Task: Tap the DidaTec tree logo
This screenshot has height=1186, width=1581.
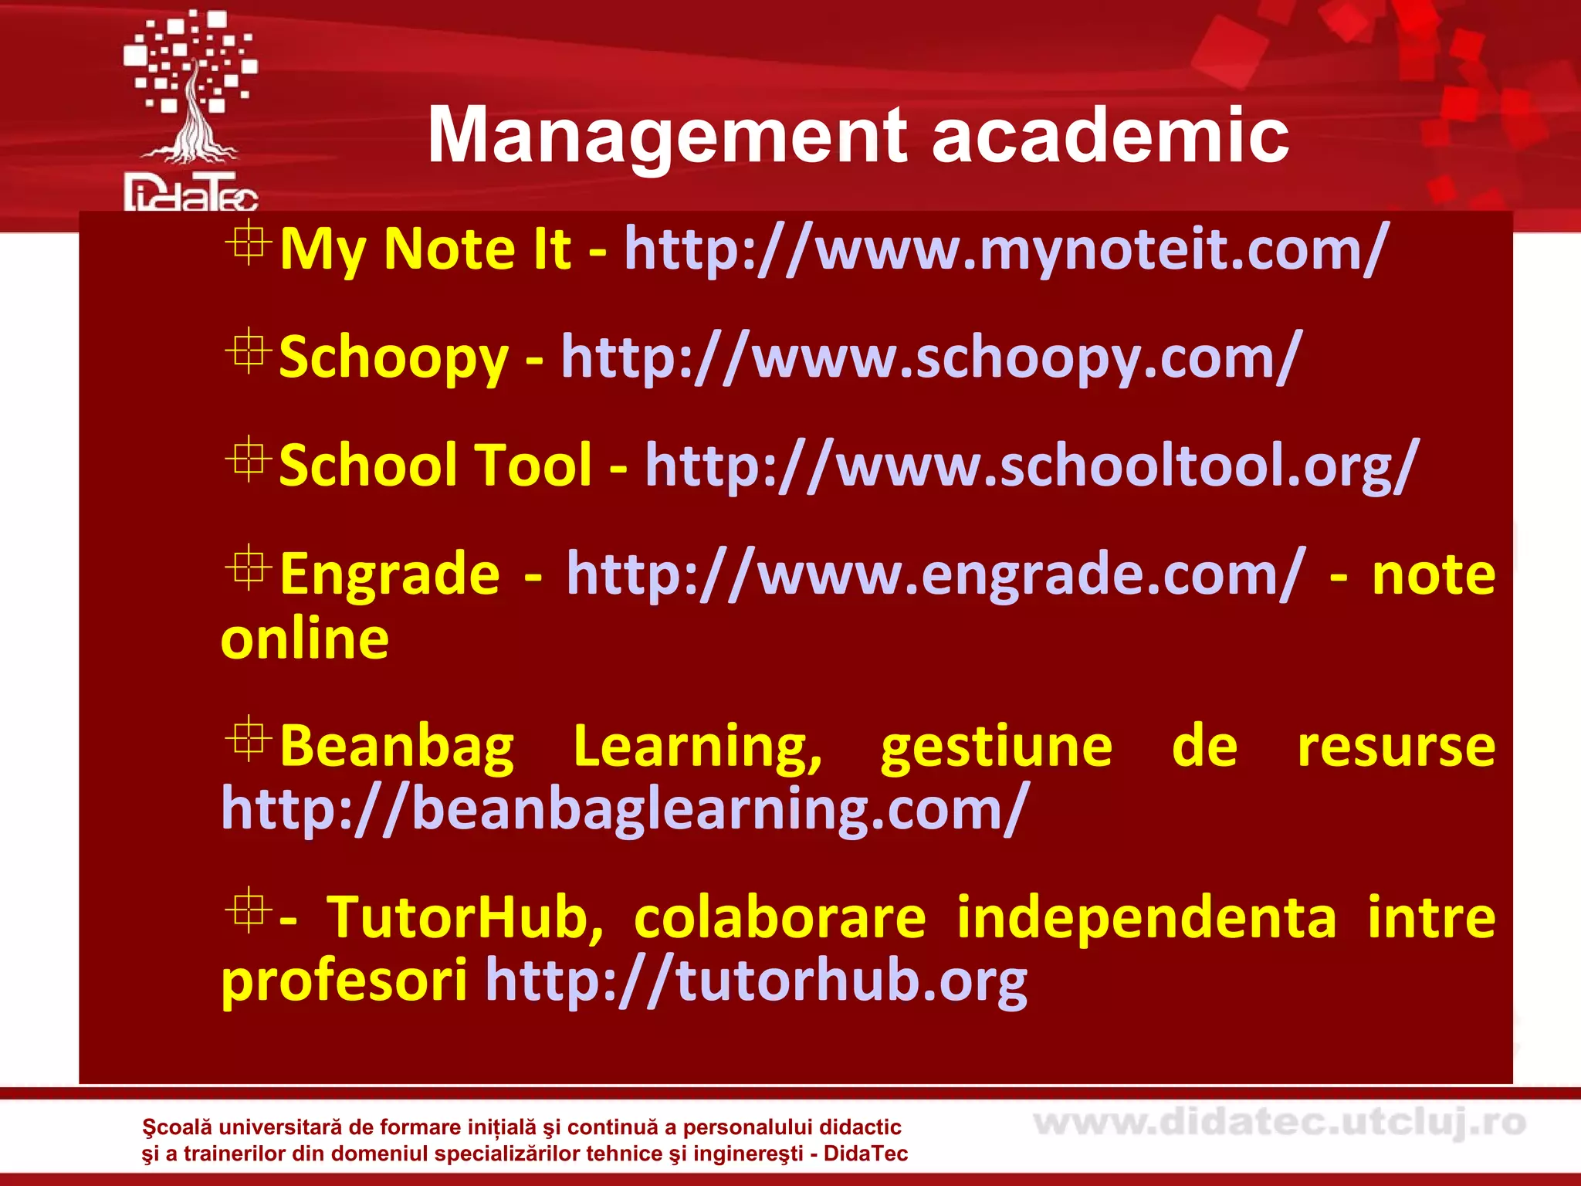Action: click(191, 108)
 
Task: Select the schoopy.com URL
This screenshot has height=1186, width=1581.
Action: click(931, 357)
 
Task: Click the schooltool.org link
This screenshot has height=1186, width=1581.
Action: click(1031, 466)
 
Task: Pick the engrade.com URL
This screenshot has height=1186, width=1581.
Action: click(936, 574)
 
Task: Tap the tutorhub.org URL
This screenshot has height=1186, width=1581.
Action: click(757, 981)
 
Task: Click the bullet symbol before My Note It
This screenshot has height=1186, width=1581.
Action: click(248, 243)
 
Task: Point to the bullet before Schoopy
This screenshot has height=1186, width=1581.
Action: click(248, 351)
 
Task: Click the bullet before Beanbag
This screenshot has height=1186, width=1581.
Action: click(248, 739)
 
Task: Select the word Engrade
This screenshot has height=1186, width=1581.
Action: click(390, 574)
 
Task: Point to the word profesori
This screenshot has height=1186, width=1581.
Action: click(344, 981)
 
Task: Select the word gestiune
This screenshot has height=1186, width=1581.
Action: click(996, 747)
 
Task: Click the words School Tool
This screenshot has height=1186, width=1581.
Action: click(435, 466)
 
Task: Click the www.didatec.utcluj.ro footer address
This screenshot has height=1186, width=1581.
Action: click(1279, 1122)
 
